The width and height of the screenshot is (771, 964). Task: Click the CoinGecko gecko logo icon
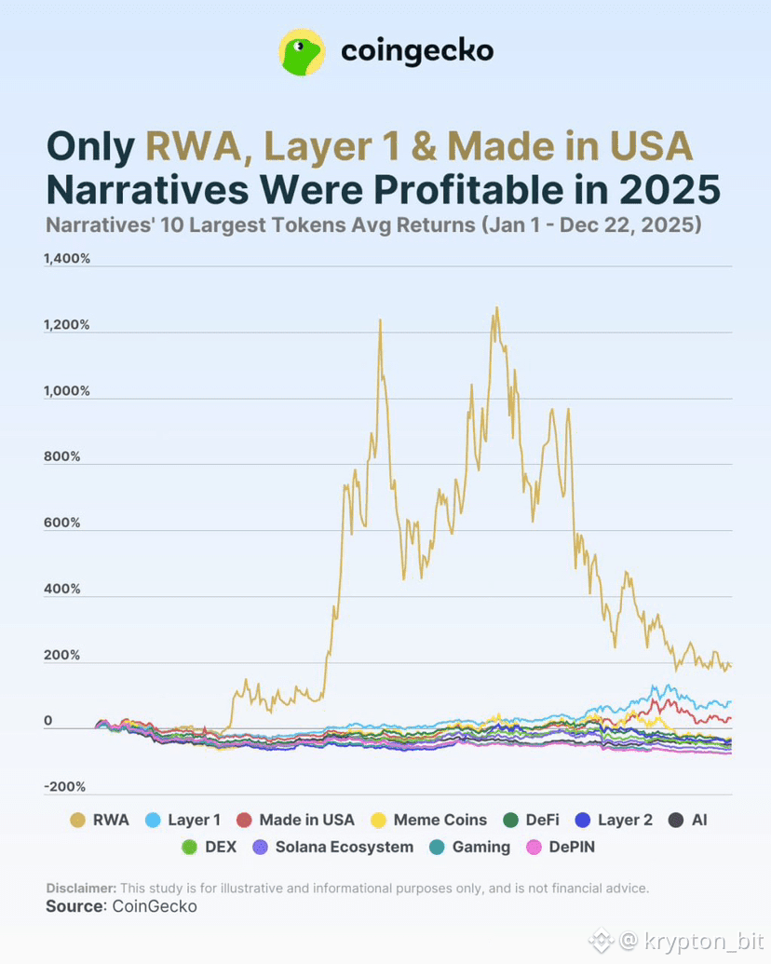click(302, 52)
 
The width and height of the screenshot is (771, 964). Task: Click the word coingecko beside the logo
click(417, 51)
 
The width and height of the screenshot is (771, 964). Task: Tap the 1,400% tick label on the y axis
click(67, 259)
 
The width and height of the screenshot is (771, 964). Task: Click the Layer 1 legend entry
click(183, 820)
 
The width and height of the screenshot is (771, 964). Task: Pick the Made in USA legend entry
click(295, 820)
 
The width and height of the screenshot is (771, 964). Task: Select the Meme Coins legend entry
click(428, 820)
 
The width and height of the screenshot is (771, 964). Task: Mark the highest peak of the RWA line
click(496, 308)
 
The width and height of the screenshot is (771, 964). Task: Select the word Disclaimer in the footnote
click(81, 888)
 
